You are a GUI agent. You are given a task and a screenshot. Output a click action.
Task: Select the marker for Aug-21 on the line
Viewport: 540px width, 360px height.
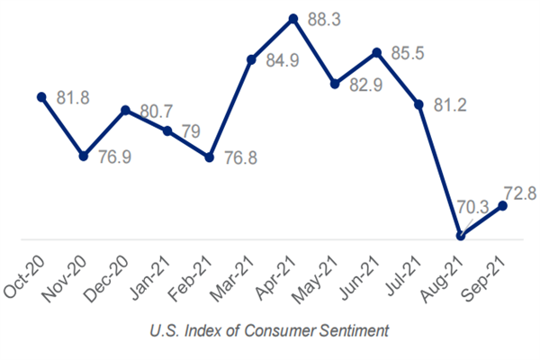click(462, 236)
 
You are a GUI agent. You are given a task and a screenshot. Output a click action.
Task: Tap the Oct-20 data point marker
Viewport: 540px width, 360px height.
click(41, 95)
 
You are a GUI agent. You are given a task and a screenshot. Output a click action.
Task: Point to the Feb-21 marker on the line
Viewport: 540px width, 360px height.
click(210, 157)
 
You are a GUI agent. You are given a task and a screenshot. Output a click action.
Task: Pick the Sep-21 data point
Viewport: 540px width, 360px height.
click(503, 205)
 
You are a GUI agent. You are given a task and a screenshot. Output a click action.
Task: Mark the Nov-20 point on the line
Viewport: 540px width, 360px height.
click(83, 155)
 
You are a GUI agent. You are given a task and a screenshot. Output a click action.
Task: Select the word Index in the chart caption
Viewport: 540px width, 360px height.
click(193, 331)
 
